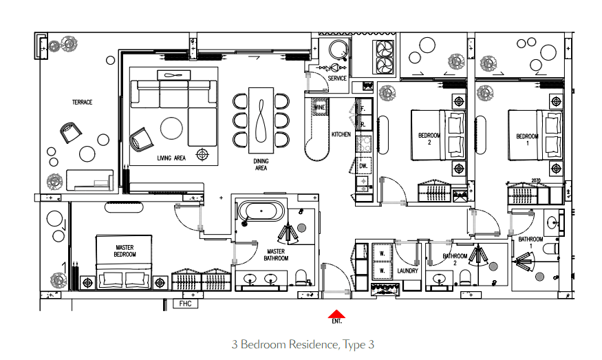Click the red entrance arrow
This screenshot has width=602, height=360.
click(x=336, y=314)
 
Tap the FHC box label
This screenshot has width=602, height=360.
click(x=186, y=304)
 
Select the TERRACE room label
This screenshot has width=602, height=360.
click(x=82, y=102)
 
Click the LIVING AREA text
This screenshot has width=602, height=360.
click(x=171, y=158)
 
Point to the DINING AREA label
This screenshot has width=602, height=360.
click(x=261, y=165)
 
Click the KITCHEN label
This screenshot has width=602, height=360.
click(x=341, y=134)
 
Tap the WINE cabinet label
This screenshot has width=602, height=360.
click(x=319, y=107)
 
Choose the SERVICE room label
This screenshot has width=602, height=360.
click(x=337, y=78)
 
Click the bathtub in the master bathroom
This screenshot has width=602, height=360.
click(x=261, y=211)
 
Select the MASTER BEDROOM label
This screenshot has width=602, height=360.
click(x=125, y=251)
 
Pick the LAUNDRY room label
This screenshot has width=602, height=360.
click(x=407, y=271)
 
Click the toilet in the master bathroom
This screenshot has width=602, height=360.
click(x=301, y=277)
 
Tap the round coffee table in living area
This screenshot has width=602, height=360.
click(x=171, y=128)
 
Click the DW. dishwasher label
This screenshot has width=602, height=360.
click(x=363, y=166)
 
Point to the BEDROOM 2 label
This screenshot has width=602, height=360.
click(x=429, y=138)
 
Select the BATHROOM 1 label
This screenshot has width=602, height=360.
click(x=530, y=242)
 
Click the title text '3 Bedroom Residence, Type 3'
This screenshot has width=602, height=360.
click(x=303, y=344)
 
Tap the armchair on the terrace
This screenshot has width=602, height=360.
click(x=71, y=133)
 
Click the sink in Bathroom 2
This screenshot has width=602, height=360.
click(x=438, y=278)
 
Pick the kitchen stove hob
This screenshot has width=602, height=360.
click(x=363, y=144)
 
